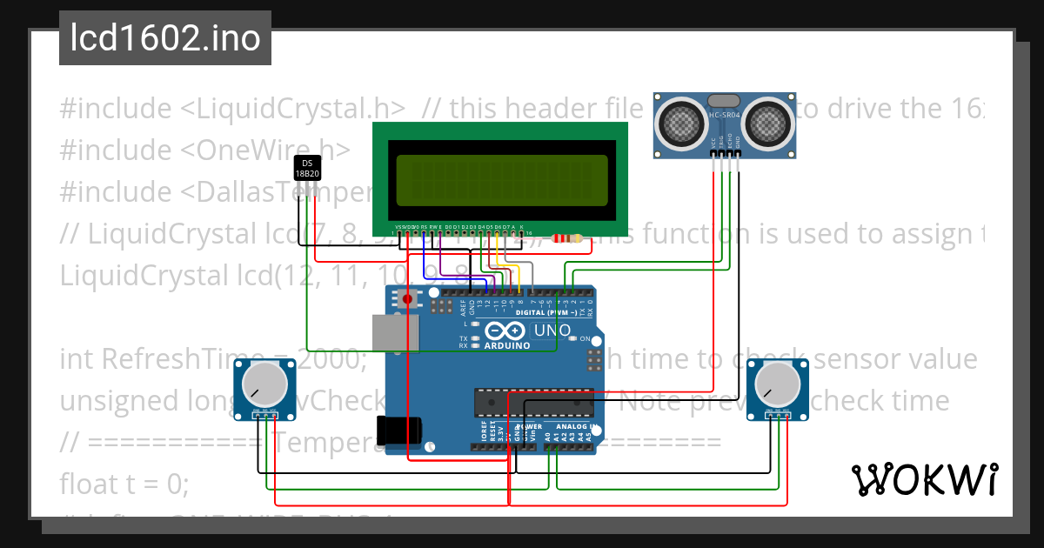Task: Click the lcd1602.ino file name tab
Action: pos(165,38)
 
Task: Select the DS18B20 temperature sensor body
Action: pos(307,168)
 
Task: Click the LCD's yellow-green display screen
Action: pos(501,180)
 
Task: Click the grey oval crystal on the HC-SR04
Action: pos(725,102)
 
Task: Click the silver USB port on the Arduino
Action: pos(395,333)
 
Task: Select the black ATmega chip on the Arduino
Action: pos(533,402)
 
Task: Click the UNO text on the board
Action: pos(552,331)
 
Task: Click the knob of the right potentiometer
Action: pos(780,384)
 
